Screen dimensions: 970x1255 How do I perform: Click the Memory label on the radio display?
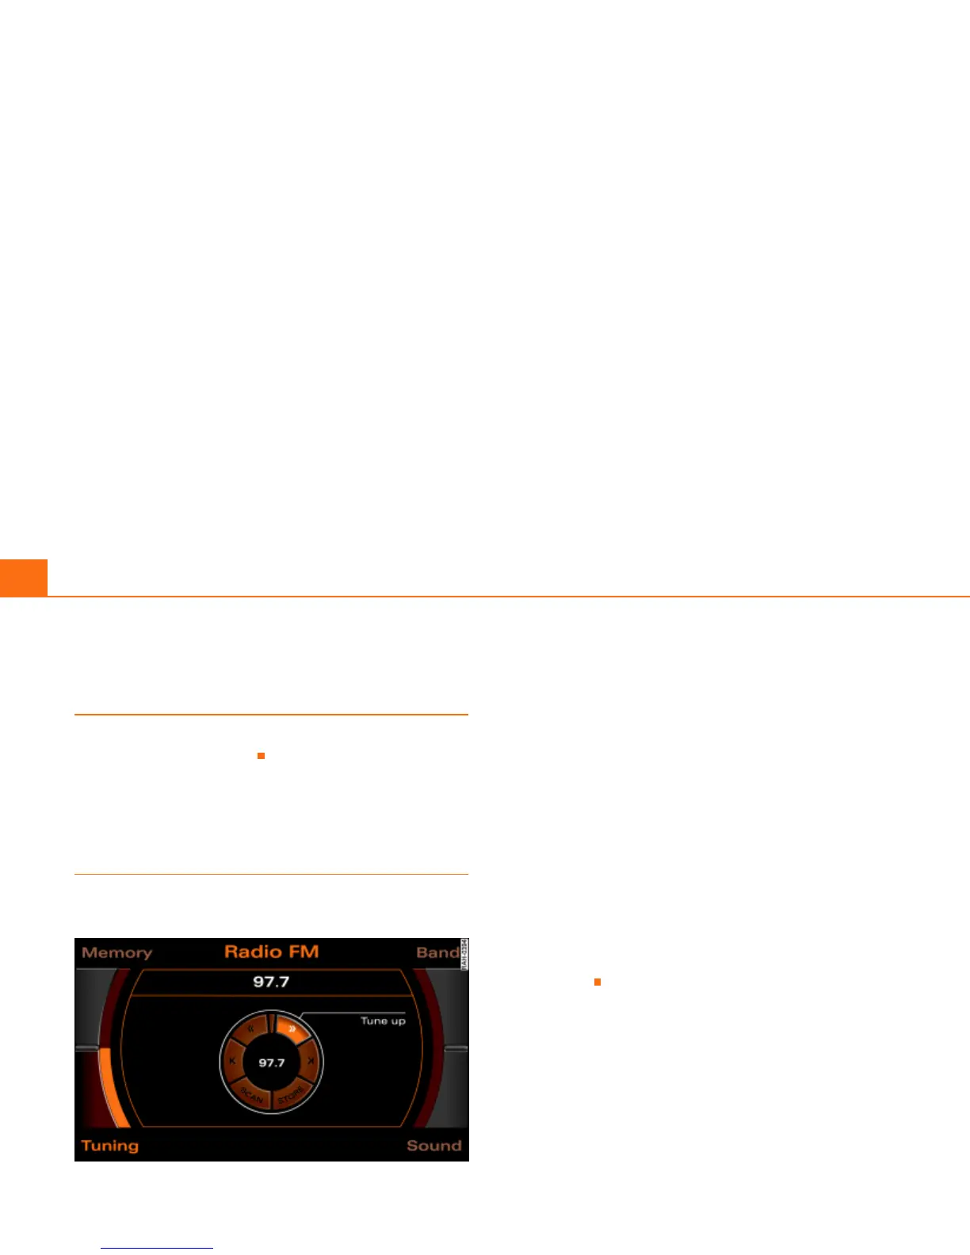(116, 952)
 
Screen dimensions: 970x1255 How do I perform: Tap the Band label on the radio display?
(437, 952)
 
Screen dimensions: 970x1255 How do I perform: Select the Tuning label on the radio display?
(110, 1146)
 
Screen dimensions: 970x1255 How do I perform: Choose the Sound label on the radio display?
(433, 1146)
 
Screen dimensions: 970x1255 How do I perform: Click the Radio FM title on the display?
(271, 952)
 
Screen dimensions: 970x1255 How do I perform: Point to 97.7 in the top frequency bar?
(271, 982)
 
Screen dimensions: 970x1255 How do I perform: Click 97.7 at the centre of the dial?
(271, 1062)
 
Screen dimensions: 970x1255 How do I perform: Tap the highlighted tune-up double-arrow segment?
(292, 1029)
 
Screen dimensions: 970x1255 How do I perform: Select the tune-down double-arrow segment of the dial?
(250, 1029)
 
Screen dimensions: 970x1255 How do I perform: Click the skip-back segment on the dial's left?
(232, 1061)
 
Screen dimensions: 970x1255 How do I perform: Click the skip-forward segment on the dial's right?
(311, 1061)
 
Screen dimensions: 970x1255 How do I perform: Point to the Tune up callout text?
(383, 1020)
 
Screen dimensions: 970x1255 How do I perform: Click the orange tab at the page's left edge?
(23, 578)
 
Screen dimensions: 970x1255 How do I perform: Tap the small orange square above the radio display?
(261, 756)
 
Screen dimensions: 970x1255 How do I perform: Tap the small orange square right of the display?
(598, 982)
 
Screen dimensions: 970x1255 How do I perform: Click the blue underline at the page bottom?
(157, 1249)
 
